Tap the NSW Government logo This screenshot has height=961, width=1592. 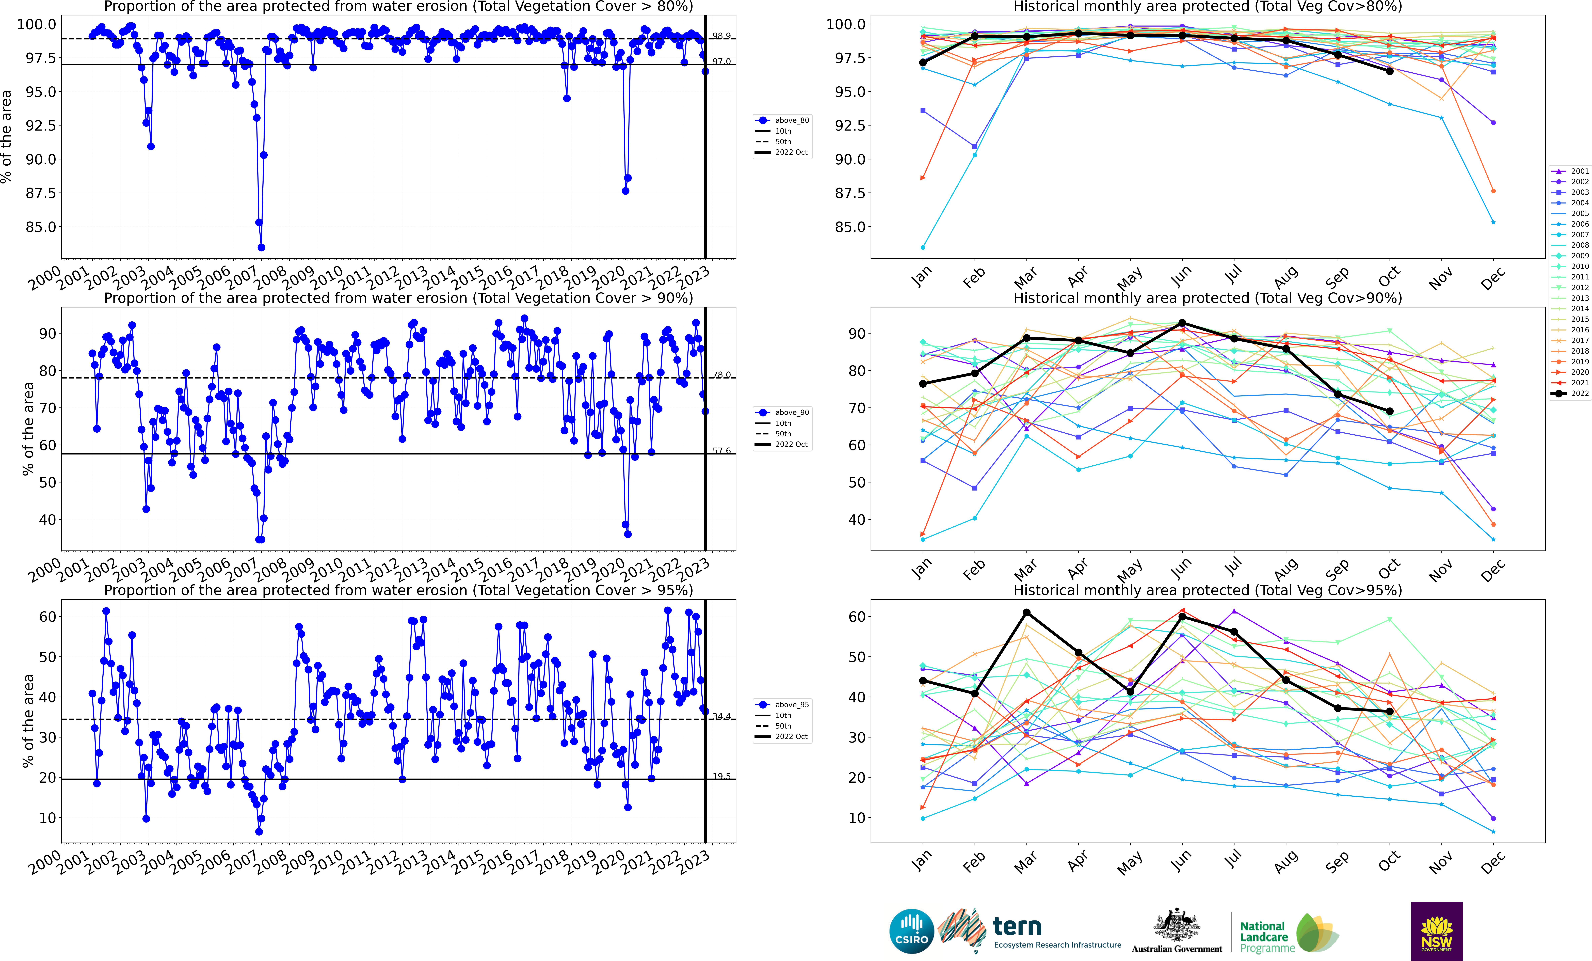coord(1436,931)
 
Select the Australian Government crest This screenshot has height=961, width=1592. coord(1177,925)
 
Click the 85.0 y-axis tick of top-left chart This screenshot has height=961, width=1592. coord(40,227)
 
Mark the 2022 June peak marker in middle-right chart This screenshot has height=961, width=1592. coord(1182,322)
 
